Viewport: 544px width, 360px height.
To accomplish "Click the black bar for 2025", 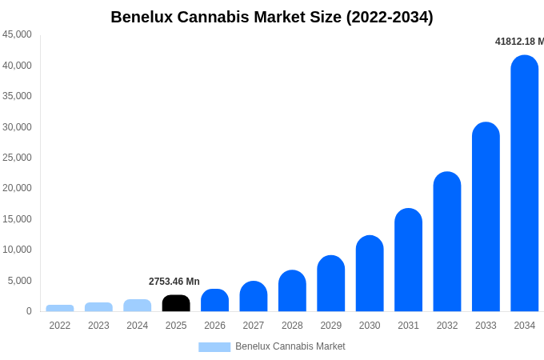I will click(x=176, y=303).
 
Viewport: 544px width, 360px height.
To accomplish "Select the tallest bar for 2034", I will click(x=525, y=184).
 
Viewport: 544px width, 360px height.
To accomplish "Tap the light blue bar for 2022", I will click(x=60, y=308).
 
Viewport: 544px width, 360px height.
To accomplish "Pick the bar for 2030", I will click(x=370, y=274).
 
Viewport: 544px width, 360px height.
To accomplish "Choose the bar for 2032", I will click(x=447, y=242).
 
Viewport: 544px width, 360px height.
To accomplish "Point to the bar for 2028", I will click(x=292, y=291).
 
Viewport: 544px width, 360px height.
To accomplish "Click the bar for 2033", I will click(x=486, y=217).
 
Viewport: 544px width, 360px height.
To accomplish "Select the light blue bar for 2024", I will click(x=138, y=306).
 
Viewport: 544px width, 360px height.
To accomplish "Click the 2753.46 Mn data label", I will click(x=174, y=282).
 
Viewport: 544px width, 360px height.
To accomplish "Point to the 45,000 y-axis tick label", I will click(x=17, y=34).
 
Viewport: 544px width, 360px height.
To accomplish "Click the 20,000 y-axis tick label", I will click(x=17, y=188).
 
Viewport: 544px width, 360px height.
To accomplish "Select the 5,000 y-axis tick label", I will click(x=19, y=281).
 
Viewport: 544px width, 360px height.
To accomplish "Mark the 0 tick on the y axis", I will click(x=29, y=311).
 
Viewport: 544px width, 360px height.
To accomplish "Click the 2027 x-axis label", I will click(x=254, y=326).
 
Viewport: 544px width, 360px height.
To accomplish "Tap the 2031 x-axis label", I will click(x=408, y=326).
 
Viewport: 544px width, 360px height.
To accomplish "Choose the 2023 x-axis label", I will click(x=98, y=326).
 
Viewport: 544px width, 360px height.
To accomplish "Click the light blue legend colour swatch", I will click(x=214, y=347).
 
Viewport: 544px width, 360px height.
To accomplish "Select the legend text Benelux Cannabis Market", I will click(x=290, y=346).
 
